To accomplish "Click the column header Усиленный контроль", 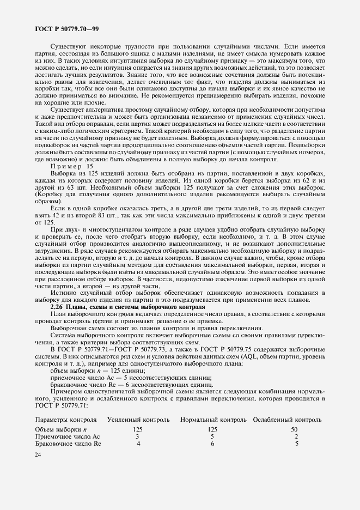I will tap(138, 420).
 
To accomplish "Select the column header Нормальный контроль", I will tap(213, 420).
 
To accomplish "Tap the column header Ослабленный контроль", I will tap(288, 420).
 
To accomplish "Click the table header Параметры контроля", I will tap(66, 420).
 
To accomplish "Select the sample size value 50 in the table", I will tap(295, 429).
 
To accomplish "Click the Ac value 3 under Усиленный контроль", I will tap(137, 436).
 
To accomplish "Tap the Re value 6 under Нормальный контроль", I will tap(212, 444).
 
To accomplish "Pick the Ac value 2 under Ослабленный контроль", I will tap(296, 436).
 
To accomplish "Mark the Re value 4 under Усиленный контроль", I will tap(138, 444).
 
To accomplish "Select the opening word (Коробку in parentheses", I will tap(49, 194).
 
